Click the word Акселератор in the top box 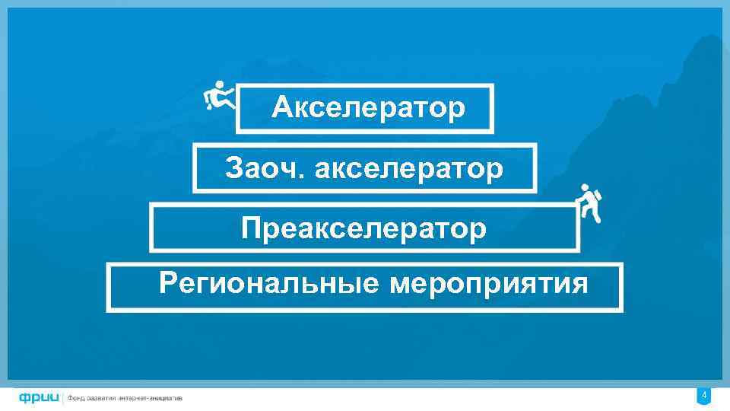pos(368,108)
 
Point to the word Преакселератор pos(364,228)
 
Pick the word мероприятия pos(489,284)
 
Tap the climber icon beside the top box pos(219,96)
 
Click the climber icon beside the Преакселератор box pos(588,203)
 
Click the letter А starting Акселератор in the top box pos(281,108)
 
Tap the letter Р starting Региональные pos(167,284)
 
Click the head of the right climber pos(584,187)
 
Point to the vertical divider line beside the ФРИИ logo pos(63,397)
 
